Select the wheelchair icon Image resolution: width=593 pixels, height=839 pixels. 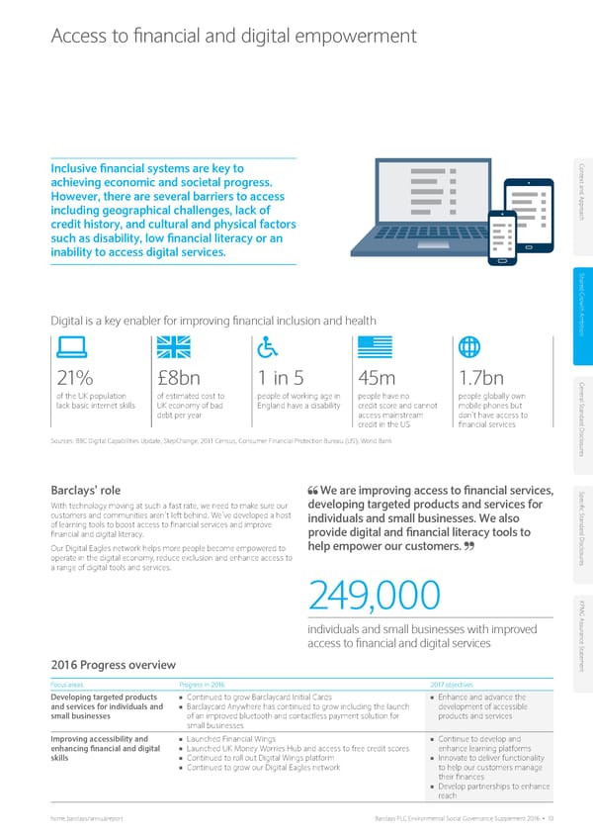(267, 348)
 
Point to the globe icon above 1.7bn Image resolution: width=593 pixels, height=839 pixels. (470, 348)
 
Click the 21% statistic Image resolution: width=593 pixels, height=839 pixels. (72, 380)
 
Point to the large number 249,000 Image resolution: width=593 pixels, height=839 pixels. (374, 596)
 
